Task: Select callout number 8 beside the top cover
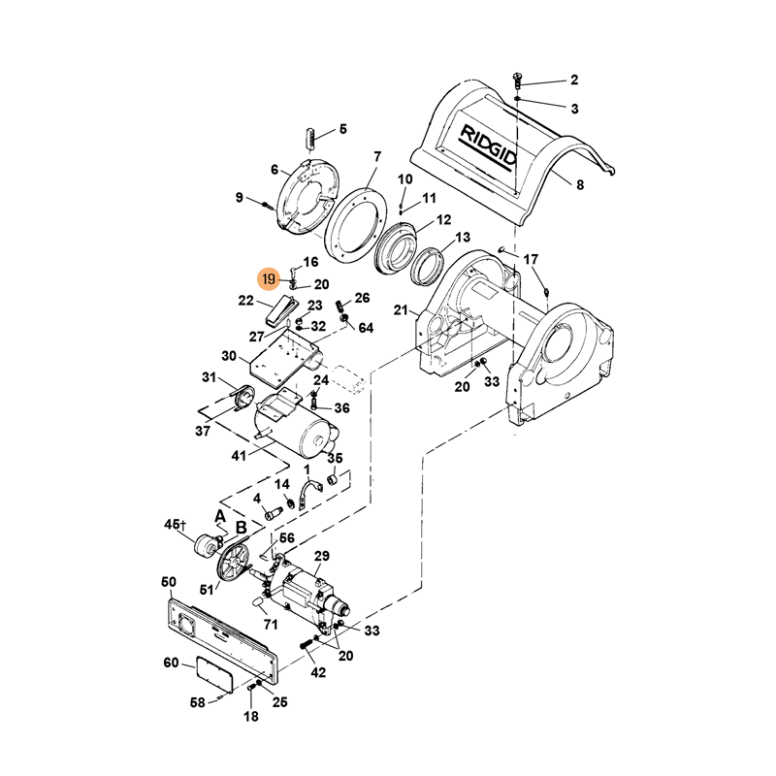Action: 580,184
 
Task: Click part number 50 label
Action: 168,582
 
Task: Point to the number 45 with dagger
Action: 176,525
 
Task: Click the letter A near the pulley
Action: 220,515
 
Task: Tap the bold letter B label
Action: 241,529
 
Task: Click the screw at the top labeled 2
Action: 516,79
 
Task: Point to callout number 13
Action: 463,238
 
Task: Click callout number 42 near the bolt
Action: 317,671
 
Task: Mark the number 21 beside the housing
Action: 400,310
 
